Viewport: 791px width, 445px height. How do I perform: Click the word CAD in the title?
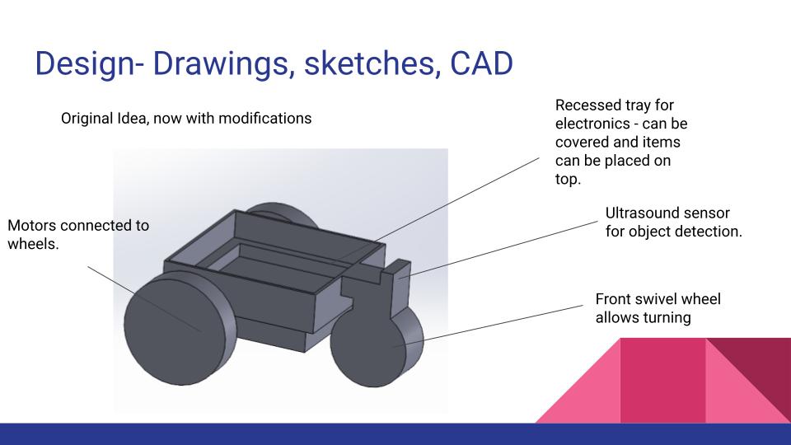pos(481,63)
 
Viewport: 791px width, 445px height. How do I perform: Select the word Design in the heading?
pos(85,64)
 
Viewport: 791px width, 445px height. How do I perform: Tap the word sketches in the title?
pos(369,63)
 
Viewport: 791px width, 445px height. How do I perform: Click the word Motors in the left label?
pos(32,226)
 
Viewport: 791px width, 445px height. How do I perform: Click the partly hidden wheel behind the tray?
pos(283,213)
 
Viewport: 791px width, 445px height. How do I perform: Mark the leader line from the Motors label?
pos(145,299)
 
